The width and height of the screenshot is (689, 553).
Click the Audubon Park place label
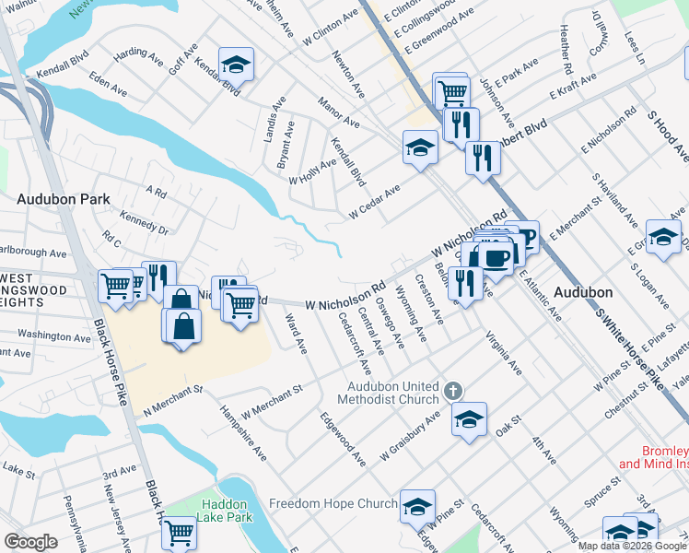point(63,198)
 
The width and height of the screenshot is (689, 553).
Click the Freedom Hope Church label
point(333,504)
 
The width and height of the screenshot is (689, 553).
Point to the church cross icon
point(452,392)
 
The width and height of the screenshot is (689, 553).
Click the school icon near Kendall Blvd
point(237,65)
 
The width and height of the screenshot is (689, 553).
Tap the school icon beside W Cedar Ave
point(420,147)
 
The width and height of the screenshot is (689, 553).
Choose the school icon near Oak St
point(469,419)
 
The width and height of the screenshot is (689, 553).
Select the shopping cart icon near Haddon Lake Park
point(179,533)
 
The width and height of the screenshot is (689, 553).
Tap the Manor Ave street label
point(338,112)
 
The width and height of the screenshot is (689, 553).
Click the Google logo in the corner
point(29,541)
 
